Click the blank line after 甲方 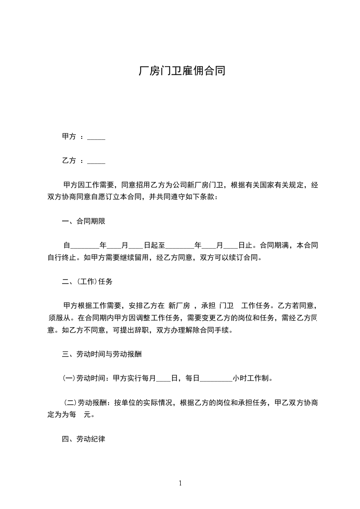pos(96,138)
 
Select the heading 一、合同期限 pos(84,221)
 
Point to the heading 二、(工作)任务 pos(87,281)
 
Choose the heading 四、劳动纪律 pos(84,439)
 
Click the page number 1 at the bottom pos(180,483)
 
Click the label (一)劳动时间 pos(84,378)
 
